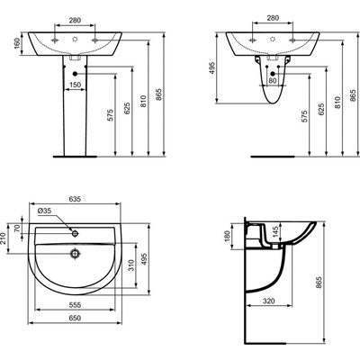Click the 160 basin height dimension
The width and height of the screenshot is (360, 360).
point(17,43)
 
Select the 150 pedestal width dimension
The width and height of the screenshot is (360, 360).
point(75,85)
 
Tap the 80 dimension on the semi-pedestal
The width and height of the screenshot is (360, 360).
point(273,80)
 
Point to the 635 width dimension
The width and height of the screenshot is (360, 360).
point(75,199)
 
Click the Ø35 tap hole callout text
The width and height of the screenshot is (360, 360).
point(45,211)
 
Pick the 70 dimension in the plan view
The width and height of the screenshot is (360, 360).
point(17,229)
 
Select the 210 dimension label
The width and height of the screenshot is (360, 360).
point(4,238)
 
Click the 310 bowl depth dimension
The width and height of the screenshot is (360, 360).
point(131,265)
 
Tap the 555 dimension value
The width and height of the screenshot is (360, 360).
point(75,305)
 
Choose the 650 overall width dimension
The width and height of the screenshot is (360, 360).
point(75,318)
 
